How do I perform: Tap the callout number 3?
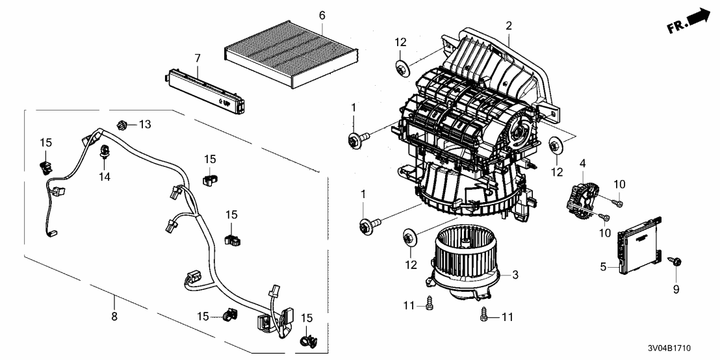tap(515, 276)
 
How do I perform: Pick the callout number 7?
tap(197, 59)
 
